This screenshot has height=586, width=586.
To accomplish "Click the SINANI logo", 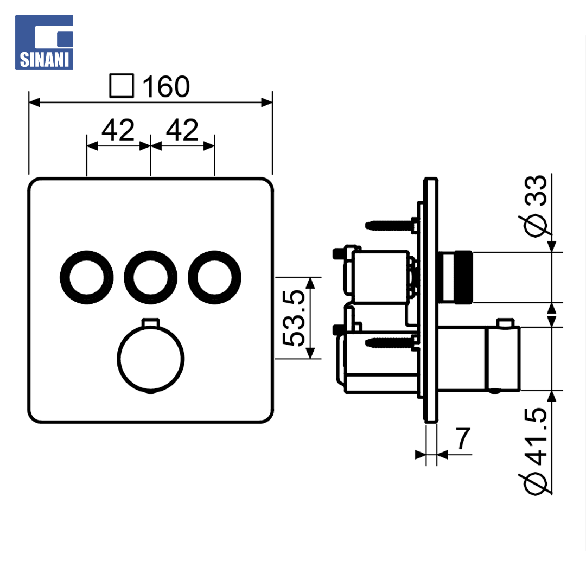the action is coord(44,42).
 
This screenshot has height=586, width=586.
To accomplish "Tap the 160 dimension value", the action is coord(166,86).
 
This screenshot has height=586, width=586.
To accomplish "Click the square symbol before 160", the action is coord(122,86).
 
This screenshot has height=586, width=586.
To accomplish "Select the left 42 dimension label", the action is coord(118,130).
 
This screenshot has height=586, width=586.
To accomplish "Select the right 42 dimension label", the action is coord(182,130).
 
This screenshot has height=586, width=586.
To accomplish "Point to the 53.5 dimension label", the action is coord(294,317).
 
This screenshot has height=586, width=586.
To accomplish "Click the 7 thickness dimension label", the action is coord(463,438).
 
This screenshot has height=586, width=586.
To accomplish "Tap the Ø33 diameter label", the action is coord(536,206).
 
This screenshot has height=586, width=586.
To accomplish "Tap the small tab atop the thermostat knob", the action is coord(151,322).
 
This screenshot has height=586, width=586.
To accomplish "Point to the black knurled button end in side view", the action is coord(463,277).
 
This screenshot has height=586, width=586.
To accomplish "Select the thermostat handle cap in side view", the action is coord(502,359).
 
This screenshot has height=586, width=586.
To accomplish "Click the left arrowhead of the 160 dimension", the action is coord(34,102).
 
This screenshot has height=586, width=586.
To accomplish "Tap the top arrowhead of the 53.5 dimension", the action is coord(310,283).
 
